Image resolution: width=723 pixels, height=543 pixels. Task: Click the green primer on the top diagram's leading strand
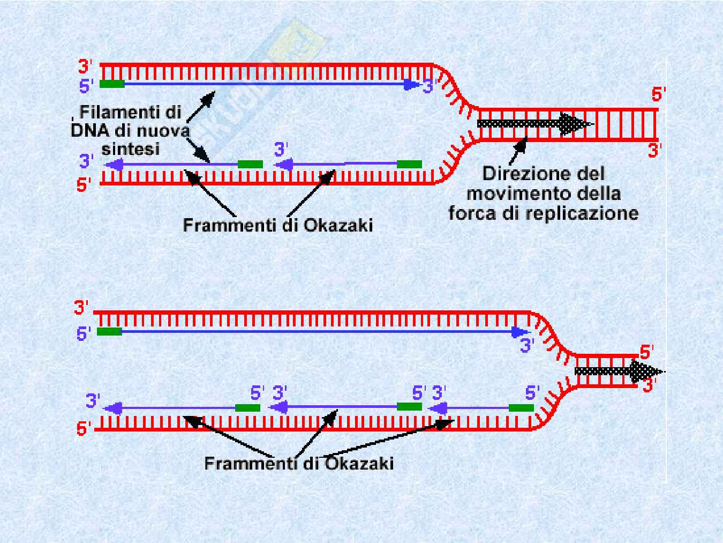tap(112, 84)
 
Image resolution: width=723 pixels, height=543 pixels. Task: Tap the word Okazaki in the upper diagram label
tap(338, 225)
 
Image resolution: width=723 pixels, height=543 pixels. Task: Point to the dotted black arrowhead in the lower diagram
tap(645, 371)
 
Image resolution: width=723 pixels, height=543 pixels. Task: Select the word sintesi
tap(127, 148)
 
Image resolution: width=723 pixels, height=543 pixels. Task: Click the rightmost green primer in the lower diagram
tap(521, 408)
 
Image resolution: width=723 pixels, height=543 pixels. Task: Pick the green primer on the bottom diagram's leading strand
tap(109, 332)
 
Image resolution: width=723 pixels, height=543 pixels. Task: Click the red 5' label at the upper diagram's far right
tap(658, 95)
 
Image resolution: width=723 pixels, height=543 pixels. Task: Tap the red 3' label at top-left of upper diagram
tap(86, 66)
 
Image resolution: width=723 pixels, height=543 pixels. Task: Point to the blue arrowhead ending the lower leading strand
tap(519, 332)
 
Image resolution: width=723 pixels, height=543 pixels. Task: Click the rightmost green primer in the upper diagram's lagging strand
tap(409, 164)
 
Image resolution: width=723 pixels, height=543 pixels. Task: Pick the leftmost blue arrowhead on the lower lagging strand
tap(111, 408)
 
